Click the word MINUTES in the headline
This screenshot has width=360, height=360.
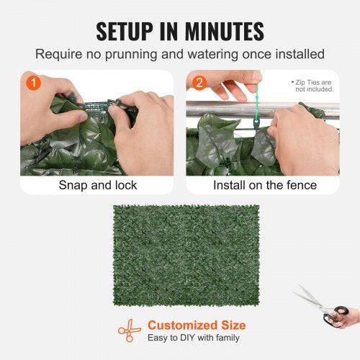(225, 31)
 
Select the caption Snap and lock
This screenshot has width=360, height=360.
(96, 185)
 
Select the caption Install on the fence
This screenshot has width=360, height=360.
(264, 185)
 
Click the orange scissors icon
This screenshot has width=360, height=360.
(130, 330)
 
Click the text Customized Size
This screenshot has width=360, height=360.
(197, 325)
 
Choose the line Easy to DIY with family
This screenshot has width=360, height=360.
(194, 338)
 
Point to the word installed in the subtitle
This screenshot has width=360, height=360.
(296, 54)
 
